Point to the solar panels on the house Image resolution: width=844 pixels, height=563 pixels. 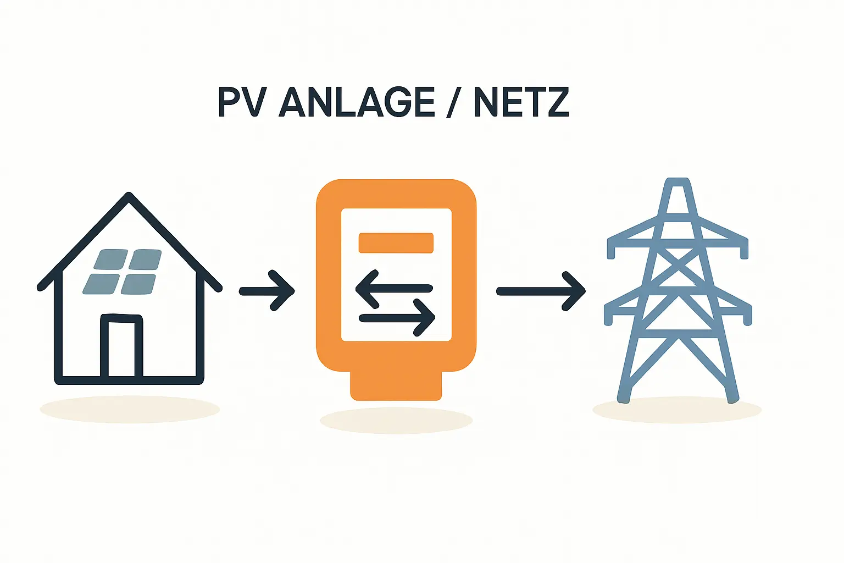click(x=123, y=272)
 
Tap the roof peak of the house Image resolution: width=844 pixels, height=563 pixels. click(x=129, y=197)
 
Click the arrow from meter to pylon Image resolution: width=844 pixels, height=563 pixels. click(x=541, y=291)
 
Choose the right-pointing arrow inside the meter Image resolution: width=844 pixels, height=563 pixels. click(x=397, y=317)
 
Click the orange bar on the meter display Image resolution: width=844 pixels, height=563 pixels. click(x=396, y=243)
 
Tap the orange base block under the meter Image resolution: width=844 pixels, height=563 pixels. click(x=396, y=385)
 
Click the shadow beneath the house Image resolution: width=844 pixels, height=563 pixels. click(x=130, y=410)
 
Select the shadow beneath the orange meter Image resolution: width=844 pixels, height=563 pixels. click(x=396, y=421)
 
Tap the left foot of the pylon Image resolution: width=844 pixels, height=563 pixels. click(x=623, y=397)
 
